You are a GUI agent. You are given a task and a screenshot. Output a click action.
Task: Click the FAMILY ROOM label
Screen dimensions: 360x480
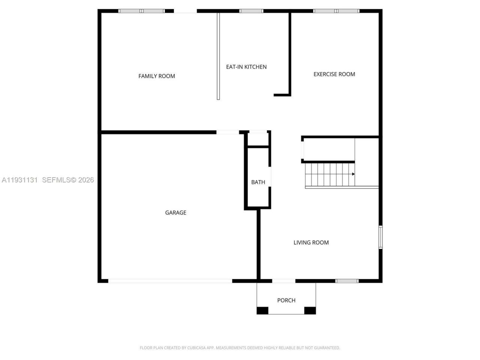(x=157, y=76)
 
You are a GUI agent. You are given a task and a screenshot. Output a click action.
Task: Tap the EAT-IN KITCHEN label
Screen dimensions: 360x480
(x=246, y=67)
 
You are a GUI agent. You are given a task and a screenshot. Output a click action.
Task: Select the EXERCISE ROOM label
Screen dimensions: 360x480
(x=334, y=74)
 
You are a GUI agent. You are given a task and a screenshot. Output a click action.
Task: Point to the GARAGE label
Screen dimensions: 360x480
(x=175, y=213)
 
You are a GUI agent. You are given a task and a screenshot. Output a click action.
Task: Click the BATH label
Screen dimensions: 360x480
(x=258, y=182)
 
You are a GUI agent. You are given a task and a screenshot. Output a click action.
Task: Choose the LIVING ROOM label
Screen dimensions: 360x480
(x=311, y=243)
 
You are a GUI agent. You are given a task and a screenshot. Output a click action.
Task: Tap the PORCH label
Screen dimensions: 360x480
(x=286, y=300)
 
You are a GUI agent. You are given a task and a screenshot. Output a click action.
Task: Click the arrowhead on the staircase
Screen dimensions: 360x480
(x=353, y=174)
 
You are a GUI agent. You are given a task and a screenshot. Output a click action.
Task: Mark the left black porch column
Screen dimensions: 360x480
(x=262, y=310)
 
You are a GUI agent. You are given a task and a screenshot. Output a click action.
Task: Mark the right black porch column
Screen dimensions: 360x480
(x=310, y=310)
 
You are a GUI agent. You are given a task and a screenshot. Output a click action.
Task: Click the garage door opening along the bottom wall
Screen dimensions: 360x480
(x=170, y=281)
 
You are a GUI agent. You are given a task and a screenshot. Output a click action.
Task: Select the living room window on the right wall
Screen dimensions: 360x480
(x=380, y=237)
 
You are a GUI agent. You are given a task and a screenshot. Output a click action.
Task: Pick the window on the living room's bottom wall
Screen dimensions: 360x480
(x=347, y=281)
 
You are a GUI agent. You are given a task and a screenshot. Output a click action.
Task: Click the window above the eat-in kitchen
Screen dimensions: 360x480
(x=251, y=11)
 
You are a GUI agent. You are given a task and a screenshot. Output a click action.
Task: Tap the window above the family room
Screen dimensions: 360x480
(x=142, y=11)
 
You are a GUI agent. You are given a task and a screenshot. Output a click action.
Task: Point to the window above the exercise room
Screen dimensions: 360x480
(x=336, y=11)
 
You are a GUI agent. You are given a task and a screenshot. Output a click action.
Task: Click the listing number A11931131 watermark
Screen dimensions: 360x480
(x=20, y=180)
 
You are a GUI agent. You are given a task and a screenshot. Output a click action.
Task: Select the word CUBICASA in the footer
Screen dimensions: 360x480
(x=197, y=348)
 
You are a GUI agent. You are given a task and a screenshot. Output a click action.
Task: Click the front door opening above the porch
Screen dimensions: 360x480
(x=283, y=281)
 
